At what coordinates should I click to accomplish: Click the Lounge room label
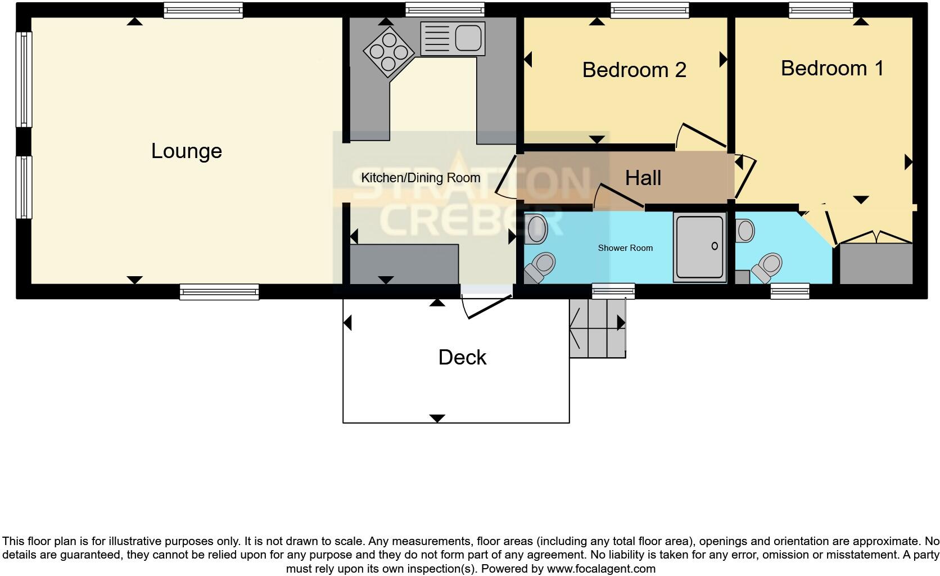coord(187,151)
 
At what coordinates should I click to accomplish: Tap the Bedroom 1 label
coord(832,68)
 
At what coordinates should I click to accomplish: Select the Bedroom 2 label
coord(634,70)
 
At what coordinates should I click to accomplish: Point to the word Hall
coord(643,178)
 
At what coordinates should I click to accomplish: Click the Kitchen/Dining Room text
coord(421,178)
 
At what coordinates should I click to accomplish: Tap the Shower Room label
coord(625,247)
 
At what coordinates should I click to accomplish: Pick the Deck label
coord(462,357)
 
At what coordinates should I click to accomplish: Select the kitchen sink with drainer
coord(453,39)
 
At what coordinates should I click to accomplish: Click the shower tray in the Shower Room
coord(700,247)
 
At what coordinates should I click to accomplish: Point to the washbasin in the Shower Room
coord(536,229)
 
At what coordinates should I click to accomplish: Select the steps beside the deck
coord(597,328)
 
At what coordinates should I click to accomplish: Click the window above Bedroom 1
coord(821,10)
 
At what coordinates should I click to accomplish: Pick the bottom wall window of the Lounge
coord(219,291)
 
